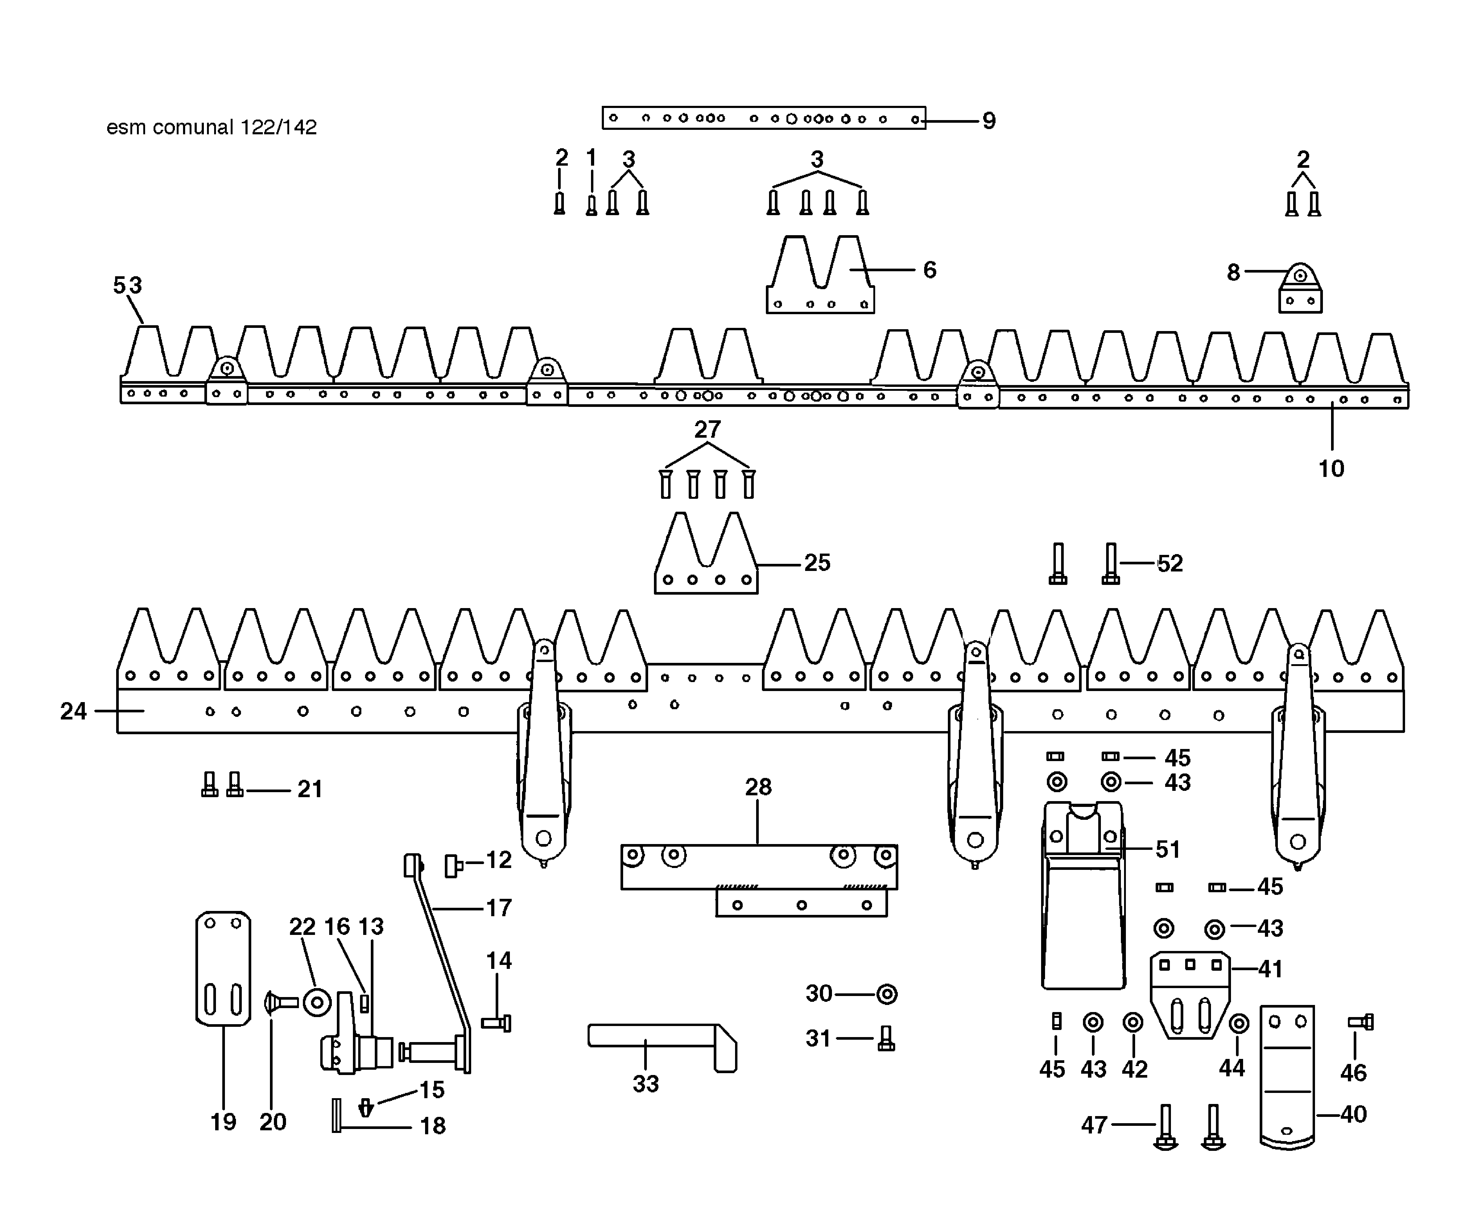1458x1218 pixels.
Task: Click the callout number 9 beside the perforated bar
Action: point(989,121)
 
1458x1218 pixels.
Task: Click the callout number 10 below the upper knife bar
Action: point(1331,469)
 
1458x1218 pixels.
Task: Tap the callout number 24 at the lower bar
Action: point(73,711)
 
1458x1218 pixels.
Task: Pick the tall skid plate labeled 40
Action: point(1287,1076)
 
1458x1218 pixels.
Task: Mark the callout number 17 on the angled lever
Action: point(499,908)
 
